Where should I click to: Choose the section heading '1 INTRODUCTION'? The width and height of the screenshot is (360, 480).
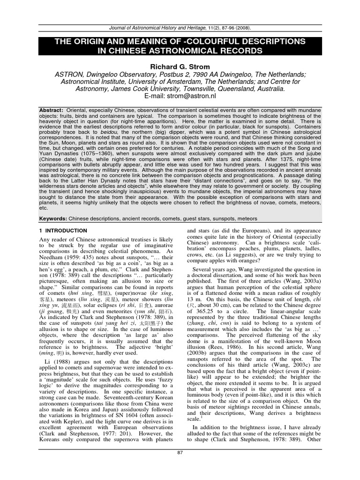pyautogui.click(x=63, y=231)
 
